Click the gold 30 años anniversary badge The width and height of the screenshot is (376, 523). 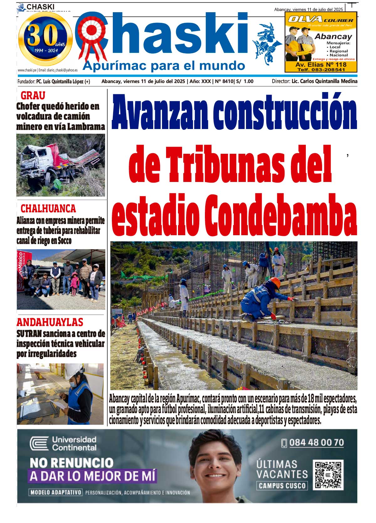pos(46,39)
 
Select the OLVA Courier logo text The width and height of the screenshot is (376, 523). pos(320,19)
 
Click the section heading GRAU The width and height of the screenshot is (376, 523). pos(33,95)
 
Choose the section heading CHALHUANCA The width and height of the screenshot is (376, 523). pos(48,208)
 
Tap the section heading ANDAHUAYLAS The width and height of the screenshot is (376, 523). pos(50,322)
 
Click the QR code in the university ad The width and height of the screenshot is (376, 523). pos(328,475)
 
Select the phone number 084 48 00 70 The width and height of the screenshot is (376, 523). pos(316,443)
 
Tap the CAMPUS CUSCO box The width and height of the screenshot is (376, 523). pos(282,486)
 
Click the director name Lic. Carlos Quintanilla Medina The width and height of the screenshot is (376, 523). pos(324,81)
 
